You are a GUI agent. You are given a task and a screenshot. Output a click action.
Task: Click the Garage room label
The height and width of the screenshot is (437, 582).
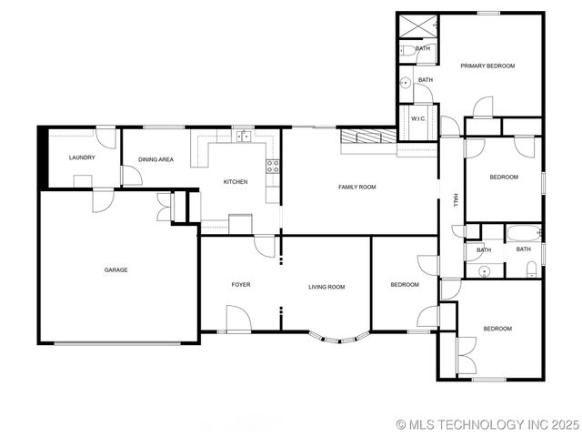[x=115, y=269]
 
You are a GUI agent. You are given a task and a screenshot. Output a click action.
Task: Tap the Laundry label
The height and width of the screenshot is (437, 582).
[x=82, y=158]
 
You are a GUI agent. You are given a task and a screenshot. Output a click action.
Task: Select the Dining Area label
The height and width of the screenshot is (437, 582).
[x=156, y=159]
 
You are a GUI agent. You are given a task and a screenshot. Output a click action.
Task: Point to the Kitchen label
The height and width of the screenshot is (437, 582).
[x=236, y=182]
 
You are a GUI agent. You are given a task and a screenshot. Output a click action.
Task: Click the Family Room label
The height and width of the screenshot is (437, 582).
[x=357, y=187]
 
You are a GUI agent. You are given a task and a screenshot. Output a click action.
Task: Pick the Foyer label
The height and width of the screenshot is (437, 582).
[x=240, y=285]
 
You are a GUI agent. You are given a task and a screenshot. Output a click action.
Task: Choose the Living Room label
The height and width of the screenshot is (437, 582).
[x=326, y=287]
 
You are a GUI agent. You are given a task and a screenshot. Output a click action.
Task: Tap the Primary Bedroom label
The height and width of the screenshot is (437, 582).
[x=487, y=66]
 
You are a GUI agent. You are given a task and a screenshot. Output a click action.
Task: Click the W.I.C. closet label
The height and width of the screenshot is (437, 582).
[x=418, y=118]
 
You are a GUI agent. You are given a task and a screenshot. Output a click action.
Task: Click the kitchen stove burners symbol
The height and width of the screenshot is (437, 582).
[x=272, y=166]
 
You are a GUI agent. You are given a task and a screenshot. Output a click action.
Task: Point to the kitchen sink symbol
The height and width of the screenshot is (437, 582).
[x=243, y=137]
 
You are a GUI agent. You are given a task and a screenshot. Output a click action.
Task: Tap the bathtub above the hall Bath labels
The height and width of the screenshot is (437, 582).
[x=524, y=231]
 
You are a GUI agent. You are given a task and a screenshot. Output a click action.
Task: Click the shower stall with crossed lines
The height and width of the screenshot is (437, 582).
[x=417, y=25]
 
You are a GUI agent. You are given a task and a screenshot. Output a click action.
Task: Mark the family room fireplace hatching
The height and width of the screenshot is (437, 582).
[x=368, y=137]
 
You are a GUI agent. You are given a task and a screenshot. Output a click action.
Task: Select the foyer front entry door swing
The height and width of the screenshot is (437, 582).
[x=237, y=318]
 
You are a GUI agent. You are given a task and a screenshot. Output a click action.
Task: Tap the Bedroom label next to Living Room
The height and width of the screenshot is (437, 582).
[x=405, y=285]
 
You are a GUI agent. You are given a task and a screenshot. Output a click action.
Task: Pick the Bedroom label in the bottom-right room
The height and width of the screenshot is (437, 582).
[x=497, y=329]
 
